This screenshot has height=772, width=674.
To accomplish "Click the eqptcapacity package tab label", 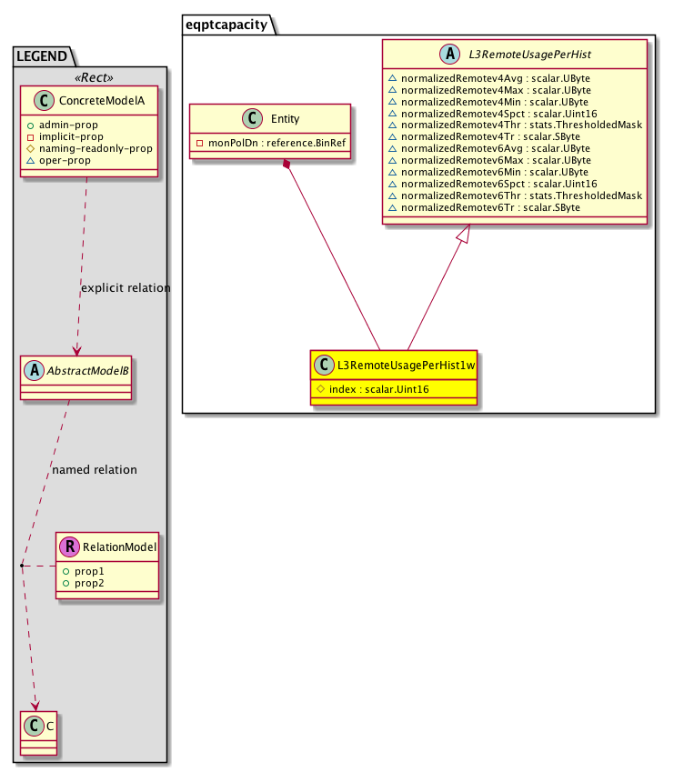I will pyautogui.click(x=227, y=25).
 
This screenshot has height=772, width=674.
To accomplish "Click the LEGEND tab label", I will pyautogui.click(x=41, y=56).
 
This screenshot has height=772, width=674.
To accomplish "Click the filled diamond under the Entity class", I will pyautogui.click(x=287, y=165).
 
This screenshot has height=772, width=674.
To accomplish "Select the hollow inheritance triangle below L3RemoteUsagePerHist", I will pyautogui.click(x=464, y=236).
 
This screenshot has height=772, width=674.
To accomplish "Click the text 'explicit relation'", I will pyautogui.click(x=126, y=288).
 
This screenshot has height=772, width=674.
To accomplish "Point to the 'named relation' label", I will pyautogui.click(x=95, y=470).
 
